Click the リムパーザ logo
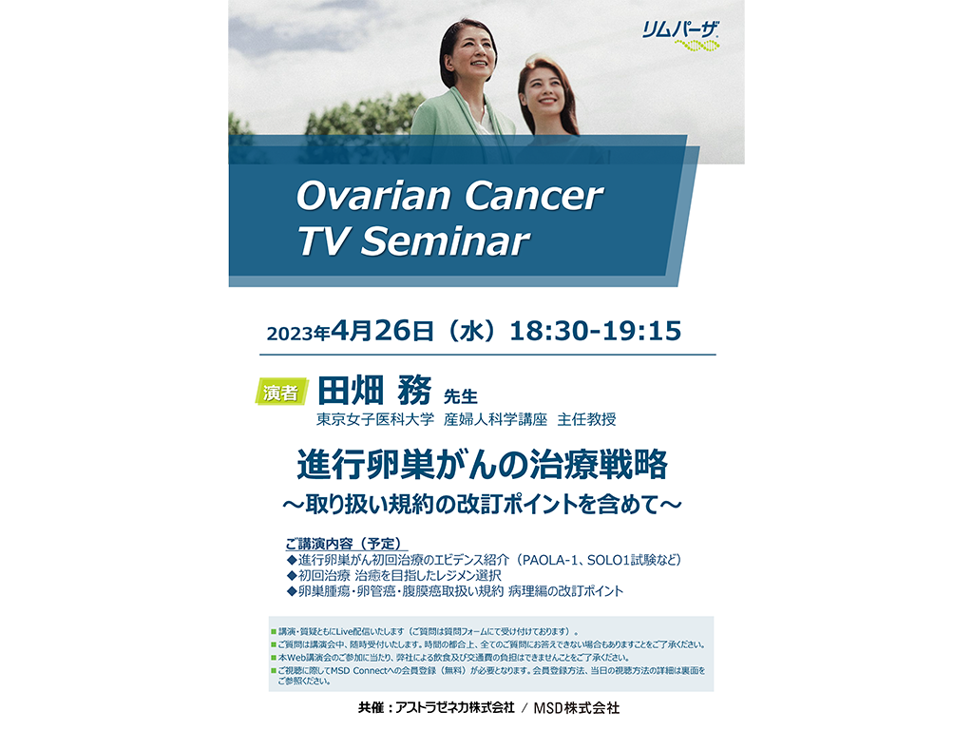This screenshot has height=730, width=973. pyautogui.click(x=680, y=36)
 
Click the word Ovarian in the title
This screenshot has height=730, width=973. pyautogui.click(x=373, y=196)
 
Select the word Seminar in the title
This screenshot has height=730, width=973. pyautogui.click(x=446, y=240)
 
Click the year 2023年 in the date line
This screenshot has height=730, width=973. pyautogui.click(x=297, y=334)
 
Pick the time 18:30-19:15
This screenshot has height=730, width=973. pyautogui.click(x=596, y=331)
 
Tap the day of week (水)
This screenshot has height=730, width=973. pyautogui.click(x=471, y=331)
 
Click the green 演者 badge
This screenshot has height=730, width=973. pyautogui.click(x=281, y=392)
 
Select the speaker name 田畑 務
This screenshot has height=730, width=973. pyautogui.click(x=374, y=391)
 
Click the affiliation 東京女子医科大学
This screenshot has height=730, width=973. pyautogui.click(x=375, y=419)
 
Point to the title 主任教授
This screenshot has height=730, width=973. pyautogui.click(x=586, y=419)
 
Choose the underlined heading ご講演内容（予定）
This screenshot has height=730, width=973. pyautogui.click(x=345, y=544)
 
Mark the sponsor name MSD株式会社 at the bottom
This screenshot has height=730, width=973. pyautogui.click(x=577, y=707)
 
